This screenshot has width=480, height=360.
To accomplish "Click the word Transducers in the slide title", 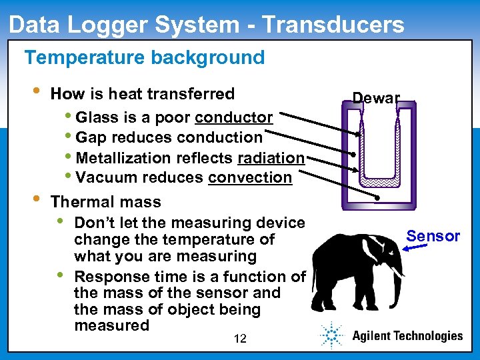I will (333, 25).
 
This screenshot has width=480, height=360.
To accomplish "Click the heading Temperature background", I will (144, 57).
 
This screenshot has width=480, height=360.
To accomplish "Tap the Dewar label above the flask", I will (376, 98).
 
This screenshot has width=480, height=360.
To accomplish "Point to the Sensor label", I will (433, 236).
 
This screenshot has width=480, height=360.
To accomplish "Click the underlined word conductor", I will (233, 118).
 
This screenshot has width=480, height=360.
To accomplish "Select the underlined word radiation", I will (271, 158).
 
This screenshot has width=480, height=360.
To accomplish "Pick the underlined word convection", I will (250, 178).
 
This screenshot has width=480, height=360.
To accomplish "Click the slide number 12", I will (240, 339).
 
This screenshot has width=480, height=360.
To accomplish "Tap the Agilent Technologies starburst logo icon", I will (331, 335).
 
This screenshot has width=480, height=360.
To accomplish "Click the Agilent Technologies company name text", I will (407, 336).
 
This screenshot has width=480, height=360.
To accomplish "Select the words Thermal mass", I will (105, 202).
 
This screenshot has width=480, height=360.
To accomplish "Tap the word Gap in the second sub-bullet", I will (91, 138).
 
